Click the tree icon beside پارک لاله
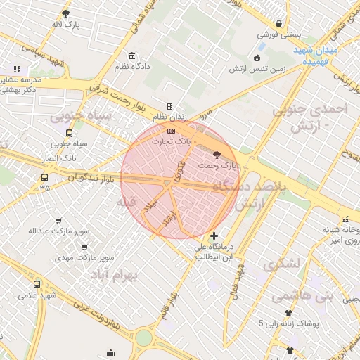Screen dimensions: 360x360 click(x=65, y=13)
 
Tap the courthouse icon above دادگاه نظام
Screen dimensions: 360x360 click(x=131, y=56)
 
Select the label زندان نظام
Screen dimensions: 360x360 click(x=169, y=117)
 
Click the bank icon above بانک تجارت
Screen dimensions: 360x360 click(x=171, y=131)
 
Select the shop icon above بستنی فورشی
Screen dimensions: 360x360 click(x=279, y=23)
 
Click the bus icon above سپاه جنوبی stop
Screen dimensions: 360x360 click(x=69, y=133)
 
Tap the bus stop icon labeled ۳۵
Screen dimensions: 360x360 click(x=45, y=177)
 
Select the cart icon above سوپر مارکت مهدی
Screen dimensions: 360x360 click(x=84, y=247)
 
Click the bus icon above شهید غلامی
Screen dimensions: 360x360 click(x=37, y=284)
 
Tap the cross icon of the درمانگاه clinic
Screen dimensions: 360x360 click(x=214, y=236)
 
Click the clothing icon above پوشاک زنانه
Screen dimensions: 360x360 click(x=288, y=313)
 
